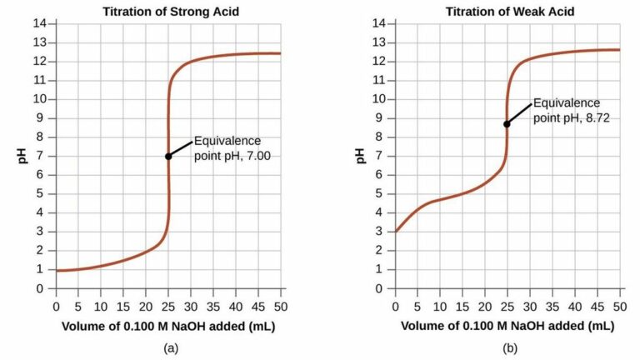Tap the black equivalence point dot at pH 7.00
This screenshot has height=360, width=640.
[x=168, y=156]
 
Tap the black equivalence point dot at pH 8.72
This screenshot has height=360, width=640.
[x=507, y=123]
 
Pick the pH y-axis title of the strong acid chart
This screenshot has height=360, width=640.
[x=22, y=156]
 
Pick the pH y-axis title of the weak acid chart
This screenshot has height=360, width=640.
[x=362, y=156]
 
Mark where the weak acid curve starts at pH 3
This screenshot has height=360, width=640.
[x=396, y=231]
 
